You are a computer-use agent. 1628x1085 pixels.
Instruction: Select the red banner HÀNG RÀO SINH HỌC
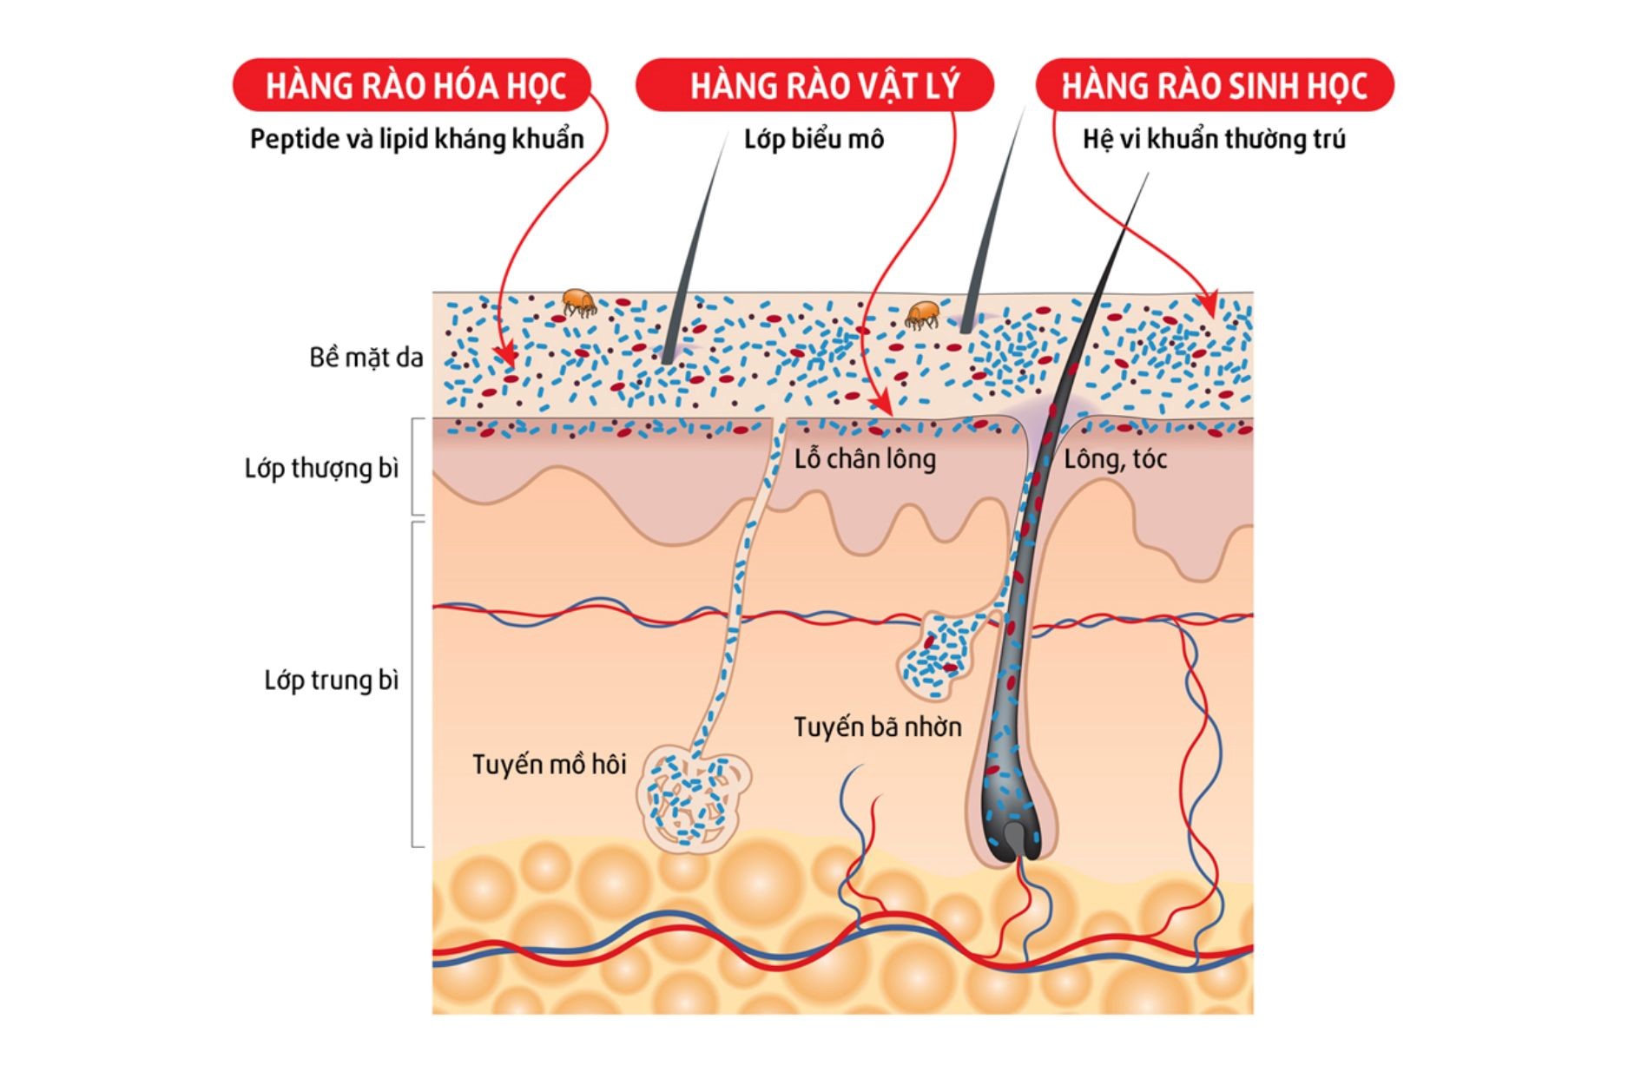[1215, 85]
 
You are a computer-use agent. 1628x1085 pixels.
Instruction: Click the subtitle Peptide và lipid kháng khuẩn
[417, 139]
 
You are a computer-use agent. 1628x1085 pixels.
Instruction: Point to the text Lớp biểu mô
[814, 139]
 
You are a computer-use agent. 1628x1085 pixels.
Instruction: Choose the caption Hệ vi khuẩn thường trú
[1214, 139]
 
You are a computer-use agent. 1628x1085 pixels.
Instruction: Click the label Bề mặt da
[366, 358]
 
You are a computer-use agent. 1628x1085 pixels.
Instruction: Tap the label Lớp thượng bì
[321, 469]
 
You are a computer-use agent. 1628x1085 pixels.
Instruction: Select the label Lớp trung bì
[331, 681]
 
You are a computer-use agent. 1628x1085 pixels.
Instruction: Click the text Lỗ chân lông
[865, 458]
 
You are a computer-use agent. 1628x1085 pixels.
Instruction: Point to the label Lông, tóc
[1115, 458]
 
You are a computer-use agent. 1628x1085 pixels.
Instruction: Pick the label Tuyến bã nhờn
[877, 727]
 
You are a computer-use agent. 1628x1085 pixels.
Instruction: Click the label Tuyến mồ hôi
[549, 765]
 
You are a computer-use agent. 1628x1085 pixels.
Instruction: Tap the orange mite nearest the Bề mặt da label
[578, 302]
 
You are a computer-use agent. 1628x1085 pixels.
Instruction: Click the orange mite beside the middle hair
[922, 314]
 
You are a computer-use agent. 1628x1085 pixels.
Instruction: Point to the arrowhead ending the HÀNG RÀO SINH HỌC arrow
[1208, 305]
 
